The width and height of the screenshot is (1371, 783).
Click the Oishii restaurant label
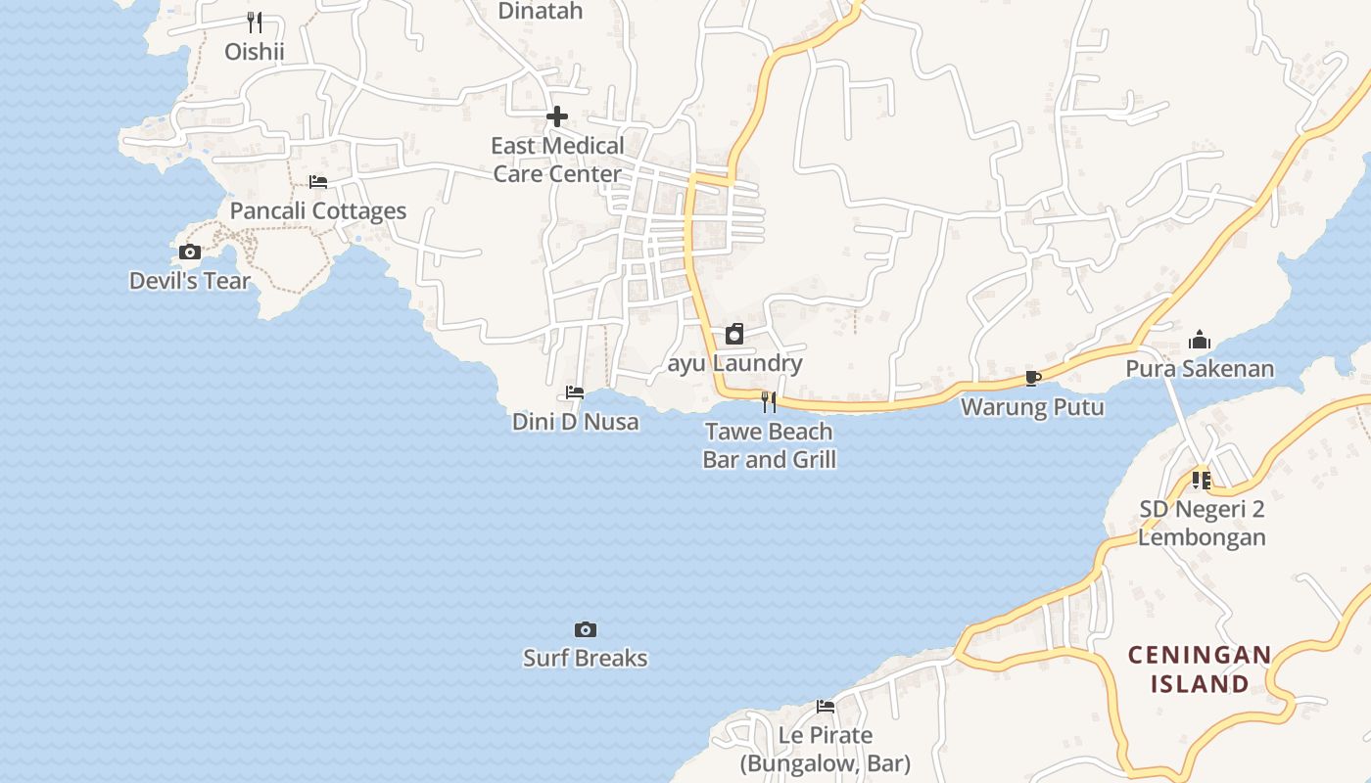pos(254,51)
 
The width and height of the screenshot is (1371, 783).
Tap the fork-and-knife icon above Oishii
pos(254,21)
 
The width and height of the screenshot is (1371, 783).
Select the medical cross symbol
pos(557,117)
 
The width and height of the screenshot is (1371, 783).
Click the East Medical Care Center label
pos(557,160)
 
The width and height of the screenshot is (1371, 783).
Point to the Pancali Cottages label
pos(317,210)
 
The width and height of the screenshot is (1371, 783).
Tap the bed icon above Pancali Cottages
pos(317,182)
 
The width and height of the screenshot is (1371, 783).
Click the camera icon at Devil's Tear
pos(190,253)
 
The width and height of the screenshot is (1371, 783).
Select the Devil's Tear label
pos(190,281)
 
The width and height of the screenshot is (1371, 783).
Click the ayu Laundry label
pos(734,363)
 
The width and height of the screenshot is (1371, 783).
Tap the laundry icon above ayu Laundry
pos(734,335)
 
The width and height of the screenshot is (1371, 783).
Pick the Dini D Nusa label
pos(575,422)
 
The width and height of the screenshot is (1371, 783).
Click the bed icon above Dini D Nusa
pos(575,393)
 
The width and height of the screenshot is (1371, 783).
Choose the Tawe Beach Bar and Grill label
pos(769,445)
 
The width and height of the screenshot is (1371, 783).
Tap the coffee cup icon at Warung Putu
pos(1032,379)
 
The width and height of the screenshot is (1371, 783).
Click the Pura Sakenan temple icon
pos(1200,341)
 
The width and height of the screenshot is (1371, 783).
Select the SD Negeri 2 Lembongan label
pos(1202,523)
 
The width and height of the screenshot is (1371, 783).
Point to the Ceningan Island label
pos(1200,668)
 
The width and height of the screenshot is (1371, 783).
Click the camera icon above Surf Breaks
pos(585,629)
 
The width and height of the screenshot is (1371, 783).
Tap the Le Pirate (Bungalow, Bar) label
pos(825,749)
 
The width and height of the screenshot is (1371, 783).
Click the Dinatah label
pos(540,12)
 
